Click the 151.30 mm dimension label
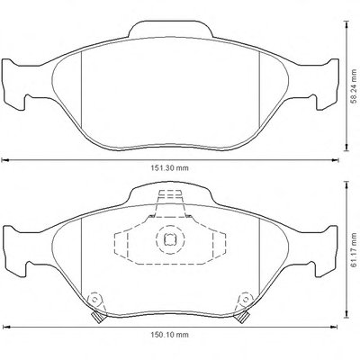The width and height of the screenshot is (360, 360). coord(169,168)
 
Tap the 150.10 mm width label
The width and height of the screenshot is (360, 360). coord(169,335)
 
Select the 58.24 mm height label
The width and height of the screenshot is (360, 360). coord(354,86)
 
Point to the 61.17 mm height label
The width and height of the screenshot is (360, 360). coord(354,250)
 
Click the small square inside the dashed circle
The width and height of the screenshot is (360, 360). coord(169,238)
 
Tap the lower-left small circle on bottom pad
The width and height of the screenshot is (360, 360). coord(94,299)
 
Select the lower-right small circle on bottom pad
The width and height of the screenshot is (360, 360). coord(246,299)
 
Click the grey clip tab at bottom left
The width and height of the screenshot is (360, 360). coord(97,317)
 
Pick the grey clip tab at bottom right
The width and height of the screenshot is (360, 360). coord(242,317)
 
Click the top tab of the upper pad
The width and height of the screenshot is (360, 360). coord(171,30)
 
